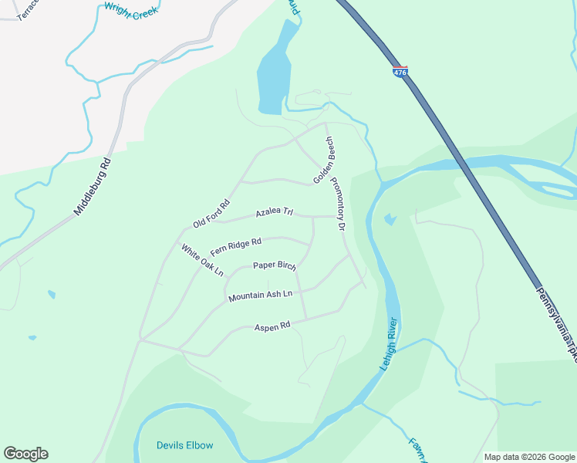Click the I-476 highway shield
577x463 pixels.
[400, 72]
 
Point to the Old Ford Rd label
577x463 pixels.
[211, 214]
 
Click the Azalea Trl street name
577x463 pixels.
[275, 211]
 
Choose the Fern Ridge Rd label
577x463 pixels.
[236, 245]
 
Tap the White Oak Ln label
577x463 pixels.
[202, 260]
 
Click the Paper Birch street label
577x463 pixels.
[275, 266]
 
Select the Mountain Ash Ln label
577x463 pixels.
[261, 296]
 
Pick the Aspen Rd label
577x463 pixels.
[272, 326]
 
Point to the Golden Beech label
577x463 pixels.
[324, 161]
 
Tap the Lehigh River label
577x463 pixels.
[388, 344]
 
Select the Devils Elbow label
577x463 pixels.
[184, 445]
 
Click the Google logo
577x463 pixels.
[25, 454]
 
